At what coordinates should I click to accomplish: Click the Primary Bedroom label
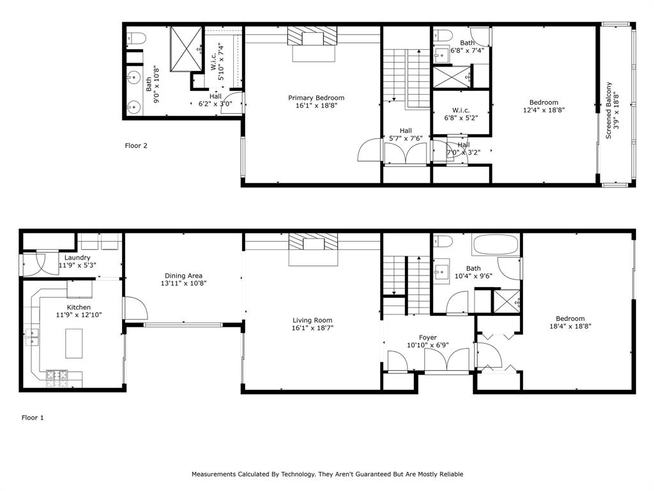pyautogui.click(x=316, y=98)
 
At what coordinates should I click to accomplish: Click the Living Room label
pyautogui.click(x=312, y=320)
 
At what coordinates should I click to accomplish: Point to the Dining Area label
pyautogui.click(x=183, y=276)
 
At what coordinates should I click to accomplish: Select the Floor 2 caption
pyautogui.click(x=136, y=146)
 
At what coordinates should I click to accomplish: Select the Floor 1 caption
pyautogui.click(x=33, y=417)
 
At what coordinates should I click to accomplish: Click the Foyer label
pyautogui.click(x=428, y=338)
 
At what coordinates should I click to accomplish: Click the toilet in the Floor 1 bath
pyautogui.click(x=443, y=241)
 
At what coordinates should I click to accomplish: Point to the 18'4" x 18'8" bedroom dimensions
pyautogui.click(x=570, y=326)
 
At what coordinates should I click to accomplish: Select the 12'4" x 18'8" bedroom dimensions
pyautogui.click(x=543, y=110)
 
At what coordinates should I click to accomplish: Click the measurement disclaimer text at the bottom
pyautogui.click(x=327, y=474)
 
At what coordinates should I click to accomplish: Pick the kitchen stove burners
pyautogui.click(x=57, y=377)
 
